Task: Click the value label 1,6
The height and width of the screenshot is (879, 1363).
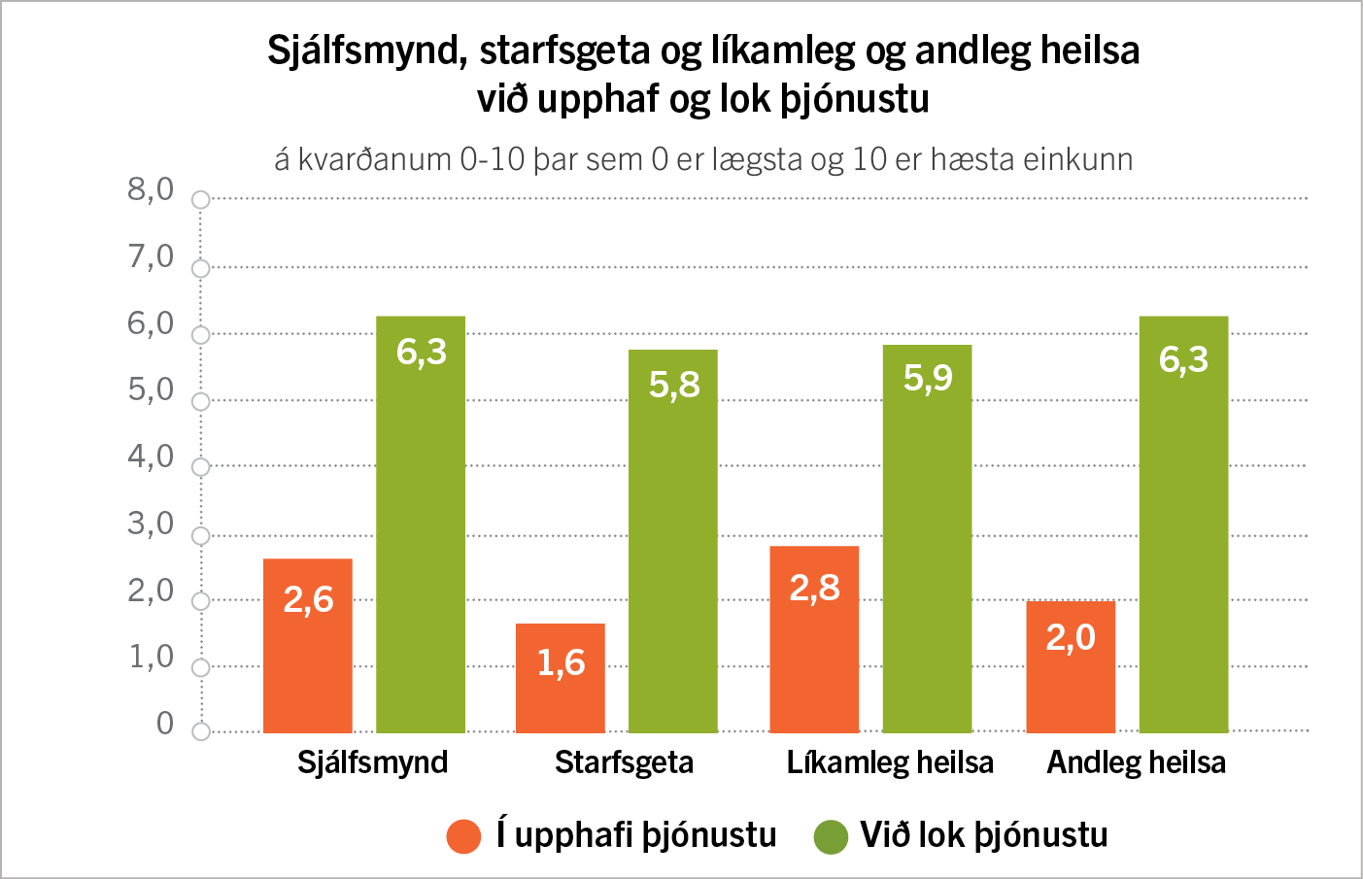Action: [561, 662]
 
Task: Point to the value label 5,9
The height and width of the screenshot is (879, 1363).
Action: [928, 377]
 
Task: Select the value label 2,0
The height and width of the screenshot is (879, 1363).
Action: [1070, 637]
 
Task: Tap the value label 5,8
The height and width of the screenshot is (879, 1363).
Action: [674, 385]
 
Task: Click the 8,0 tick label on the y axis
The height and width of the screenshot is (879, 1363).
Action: [151, 188]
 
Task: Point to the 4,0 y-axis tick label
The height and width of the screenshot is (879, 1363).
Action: [151, 456]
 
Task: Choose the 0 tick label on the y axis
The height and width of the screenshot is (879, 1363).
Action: [165, 723]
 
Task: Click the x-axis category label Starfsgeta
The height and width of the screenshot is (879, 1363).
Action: [624, 762]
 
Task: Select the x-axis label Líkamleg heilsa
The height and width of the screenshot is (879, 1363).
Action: [890, 762]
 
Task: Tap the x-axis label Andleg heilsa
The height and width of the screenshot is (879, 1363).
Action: [1136, 762]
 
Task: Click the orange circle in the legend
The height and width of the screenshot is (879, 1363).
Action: [463, 836]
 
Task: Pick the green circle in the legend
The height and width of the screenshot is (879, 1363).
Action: [831, 836]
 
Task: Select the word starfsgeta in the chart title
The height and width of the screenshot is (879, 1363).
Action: [564, 51]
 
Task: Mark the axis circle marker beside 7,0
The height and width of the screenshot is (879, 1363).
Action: [201, 268]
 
